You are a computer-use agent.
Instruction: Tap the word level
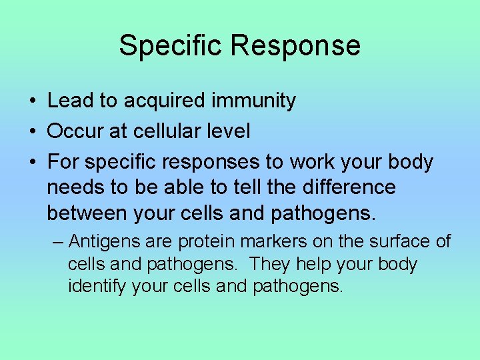click(230, 131)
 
